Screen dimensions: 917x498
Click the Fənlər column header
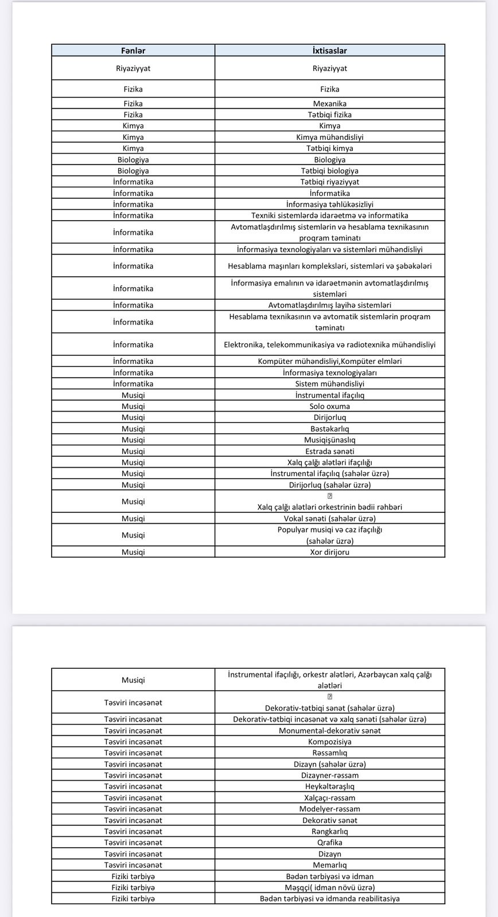[133, 50]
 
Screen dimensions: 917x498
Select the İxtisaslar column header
[329, 50]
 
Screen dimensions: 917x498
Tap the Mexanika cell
[329, 104]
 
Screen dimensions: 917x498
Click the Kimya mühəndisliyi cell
[329, 137]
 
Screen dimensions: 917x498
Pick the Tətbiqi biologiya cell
[329, 171]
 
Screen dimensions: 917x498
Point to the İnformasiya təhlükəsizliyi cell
[329, 204]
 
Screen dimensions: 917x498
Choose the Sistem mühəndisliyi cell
[329, 383]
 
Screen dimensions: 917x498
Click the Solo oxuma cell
[329, 406]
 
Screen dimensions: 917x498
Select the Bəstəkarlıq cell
[329, 429]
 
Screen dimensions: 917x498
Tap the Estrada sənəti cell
[329, 451]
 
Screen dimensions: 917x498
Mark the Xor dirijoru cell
[329, 552]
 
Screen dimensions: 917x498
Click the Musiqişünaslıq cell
[329, 440]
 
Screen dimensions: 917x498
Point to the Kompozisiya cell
[329, 742]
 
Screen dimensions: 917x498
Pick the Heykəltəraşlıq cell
[329, 786]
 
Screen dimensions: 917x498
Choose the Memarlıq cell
[329, 865]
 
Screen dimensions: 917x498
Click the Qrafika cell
[329, 842]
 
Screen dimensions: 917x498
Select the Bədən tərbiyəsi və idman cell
[329, 876]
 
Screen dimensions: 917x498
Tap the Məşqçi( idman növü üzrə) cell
[329, 887]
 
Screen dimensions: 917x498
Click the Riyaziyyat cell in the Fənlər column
[133, 68]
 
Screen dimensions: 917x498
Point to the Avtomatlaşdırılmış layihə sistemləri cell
[329, 305]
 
